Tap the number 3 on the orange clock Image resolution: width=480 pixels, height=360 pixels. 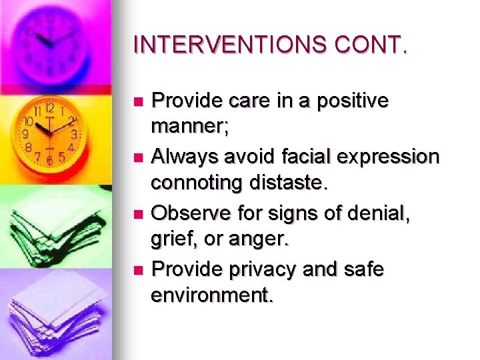(75, 135)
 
